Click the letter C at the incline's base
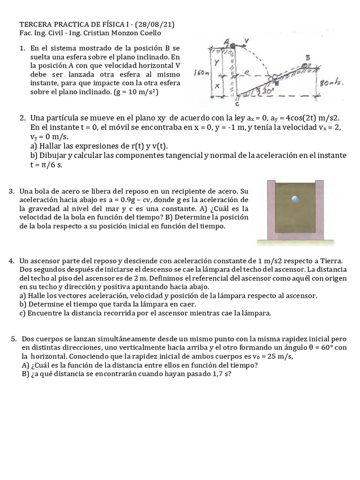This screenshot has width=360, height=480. coord(237,105)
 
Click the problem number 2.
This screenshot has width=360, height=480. coord(22,117)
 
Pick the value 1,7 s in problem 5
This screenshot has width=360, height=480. coord(217,374)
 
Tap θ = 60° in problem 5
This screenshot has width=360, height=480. coord(325,348)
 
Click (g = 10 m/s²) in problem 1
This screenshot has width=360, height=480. coord(136,92)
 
